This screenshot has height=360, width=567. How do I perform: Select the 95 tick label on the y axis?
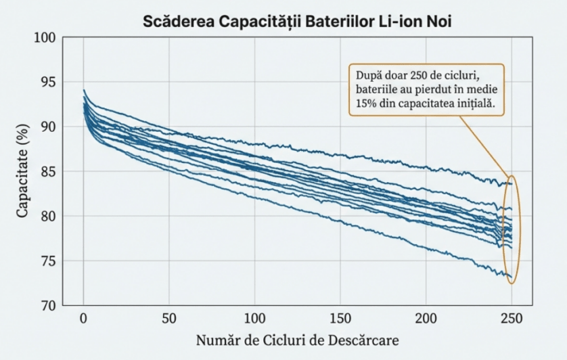click(45, 83)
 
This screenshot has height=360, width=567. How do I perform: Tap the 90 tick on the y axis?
click(45, 127)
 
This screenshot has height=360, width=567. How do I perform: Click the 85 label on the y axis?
click(45, 172)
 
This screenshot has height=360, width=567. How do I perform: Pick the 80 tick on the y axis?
click(45, 217)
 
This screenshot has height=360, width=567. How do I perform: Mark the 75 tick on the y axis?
click(45, 261)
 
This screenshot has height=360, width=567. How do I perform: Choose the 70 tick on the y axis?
click(45, 306)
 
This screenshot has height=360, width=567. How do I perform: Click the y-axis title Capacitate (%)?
click(22, 172)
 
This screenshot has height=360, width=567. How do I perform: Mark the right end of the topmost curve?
click(512, 183)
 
